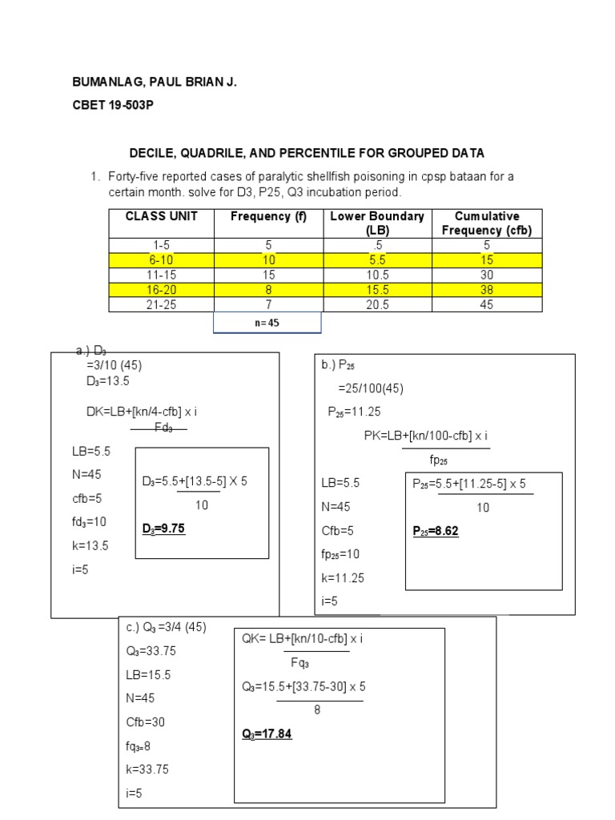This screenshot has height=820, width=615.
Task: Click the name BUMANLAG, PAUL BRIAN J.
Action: tap(155, 82)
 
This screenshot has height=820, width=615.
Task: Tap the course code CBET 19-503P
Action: tap(112, 106)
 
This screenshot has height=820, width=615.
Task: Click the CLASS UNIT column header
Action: tap(161, 216)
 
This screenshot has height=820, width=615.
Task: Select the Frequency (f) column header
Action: tap(268, 216)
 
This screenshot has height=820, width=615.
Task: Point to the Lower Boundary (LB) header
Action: tap(376, 223)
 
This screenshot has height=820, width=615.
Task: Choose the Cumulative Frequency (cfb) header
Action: tap(487, 223)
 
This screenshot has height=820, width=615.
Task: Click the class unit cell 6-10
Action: tap(161, 260)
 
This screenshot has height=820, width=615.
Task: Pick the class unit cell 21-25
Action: tap(161, 304)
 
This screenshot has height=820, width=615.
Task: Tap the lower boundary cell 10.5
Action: tap(376, 275)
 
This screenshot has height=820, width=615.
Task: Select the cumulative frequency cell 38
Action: tap(487, 290)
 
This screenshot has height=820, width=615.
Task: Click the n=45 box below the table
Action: tap(267, 323)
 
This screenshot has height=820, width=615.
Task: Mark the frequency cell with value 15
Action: tap(268, 275)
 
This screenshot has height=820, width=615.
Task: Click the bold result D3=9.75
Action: tap(163, 529)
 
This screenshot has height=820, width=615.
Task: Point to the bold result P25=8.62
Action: tap(435, 531)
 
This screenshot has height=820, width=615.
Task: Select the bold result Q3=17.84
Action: tap(267, 734)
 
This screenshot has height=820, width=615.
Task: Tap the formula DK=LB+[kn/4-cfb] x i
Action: tap(142, 412)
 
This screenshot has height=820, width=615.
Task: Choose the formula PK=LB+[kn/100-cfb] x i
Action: tap(426, 436)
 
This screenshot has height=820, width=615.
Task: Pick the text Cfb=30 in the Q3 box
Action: tap(145, 722)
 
